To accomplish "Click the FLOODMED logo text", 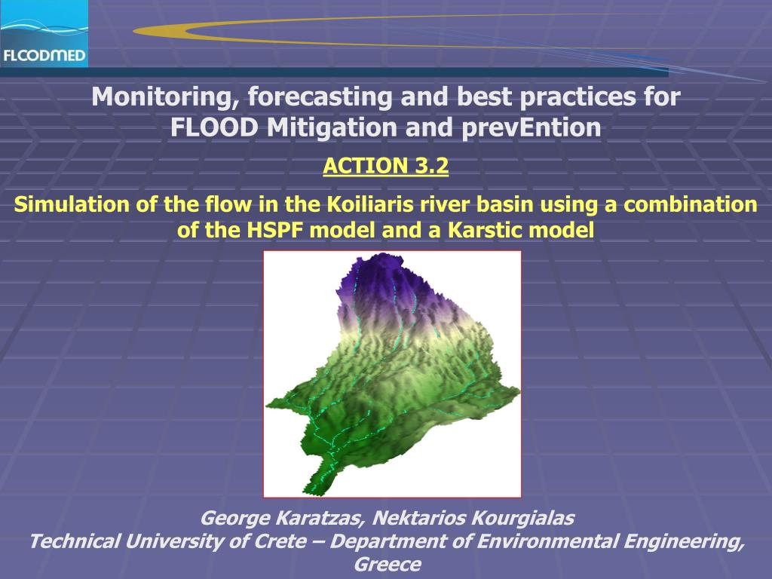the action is [x=44, y=55].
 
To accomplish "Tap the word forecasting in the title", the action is [x=320, y=97].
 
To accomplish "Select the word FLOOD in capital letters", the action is [x=214, y=127].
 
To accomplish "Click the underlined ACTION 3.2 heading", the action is [x=385, y=166].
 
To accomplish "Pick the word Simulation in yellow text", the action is [x=72, y=204].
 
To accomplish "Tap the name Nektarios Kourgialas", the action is [x=473, y=518].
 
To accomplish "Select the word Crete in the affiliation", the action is [x=280, y=541].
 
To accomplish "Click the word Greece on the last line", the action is [x=388, y=564].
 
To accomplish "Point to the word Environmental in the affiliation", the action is [x=547, y=541].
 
